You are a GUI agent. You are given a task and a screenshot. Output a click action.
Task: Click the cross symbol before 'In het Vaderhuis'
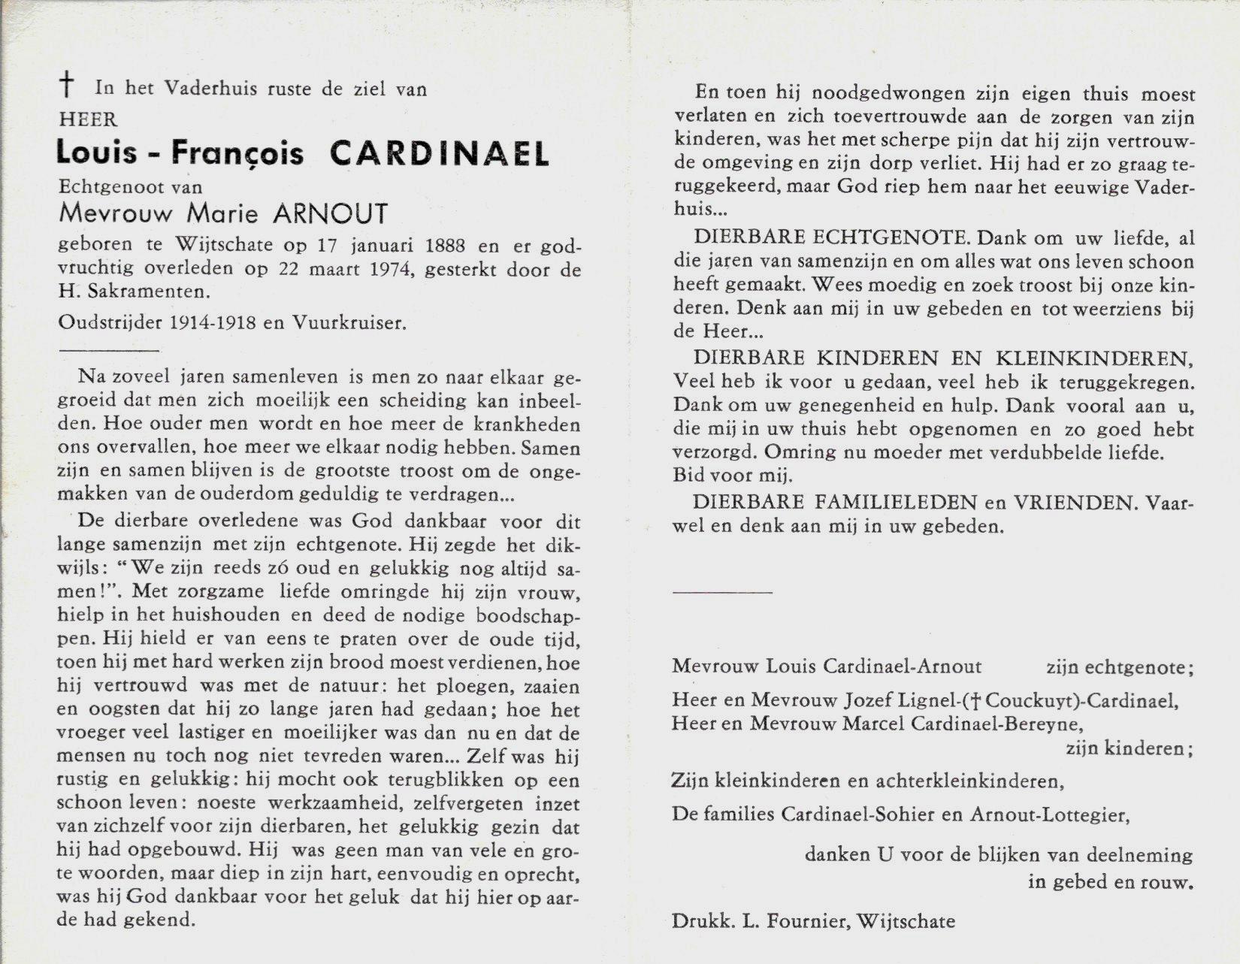coord(68,87)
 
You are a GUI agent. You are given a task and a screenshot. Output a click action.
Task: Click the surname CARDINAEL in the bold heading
coord(439,153)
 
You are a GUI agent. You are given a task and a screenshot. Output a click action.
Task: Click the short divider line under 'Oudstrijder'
coord(108,350)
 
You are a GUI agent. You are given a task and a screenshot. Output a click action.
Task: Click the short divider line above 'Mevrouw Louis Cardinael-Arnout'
coord(722,592)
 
